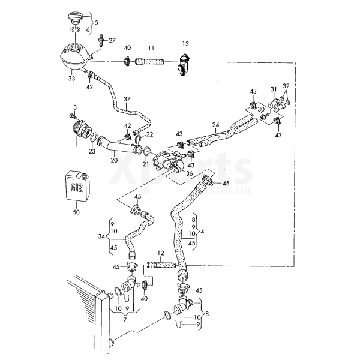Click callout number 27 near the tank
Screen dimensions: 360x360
[x=112, y=40]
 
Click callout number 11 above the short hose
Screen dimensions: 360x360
[x=151, y=47]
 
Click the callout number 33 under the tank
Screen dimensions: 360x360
[x=71, y=77]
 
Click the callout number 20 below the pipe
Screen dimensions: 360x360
[x=114, y=160]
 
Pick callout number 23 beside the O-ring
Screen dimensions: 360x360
[x=92, y=152]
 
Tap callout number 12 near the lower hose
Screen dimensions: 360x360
[x=161, y=253]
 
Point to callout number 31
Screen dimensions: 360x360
[x=273, y=89]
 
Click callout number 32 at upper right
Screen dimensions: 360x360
[x=286, y=86]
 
